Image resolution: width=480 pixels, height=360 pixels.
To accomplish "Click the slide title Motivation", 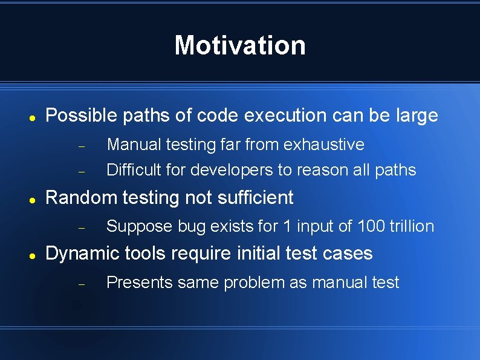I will coord(240,45).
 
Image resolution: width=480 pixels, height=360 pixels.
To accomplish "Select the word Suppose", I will coord(140,226).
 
